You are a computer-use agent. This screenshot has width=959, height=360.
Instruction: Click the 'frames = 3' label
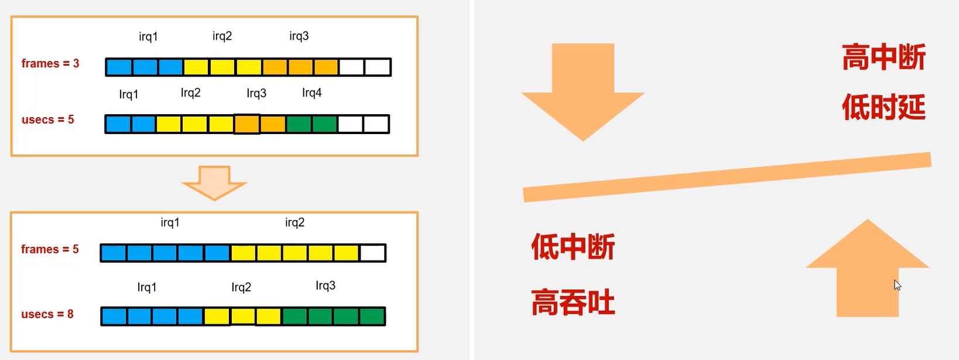point(50,63)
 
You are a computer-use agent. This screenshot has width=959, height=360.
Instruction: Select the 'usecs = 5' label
point(48,120)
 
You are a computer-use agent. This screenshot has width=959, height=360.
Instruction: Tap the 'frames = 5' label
point(50,249)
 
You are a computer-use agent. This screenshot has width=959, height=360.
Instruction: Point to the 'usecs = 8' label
point(47,314)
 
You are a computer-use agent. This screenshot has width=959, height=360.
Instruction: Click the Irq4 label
point(311,93)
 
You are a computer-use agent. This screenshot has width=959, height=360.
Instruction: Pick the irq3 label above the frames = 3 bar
point(299,36)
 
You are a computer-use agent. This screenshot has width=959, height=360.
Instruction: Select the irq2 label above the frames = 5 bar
point(294,222)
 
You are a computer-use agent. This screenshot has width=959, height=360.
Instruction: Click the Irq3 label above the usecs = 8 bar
point(326,286)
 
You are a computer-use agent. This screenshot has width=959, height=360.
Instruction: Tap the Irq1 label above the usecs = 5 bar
point(129,94)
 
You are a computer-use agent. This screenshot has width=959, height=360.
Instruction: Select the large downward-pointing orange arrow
point(583,88)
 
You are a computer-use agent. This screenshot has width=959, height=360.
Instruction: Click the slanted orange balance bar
point(727,177)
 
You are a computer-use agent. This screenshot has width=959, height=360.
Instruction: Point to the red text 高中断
point(883,57)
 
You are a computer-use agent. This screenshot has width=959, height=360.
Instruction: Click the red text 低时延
point(883,107)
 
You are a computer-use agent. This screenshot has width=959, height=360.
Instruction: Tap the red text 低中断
point(573,247)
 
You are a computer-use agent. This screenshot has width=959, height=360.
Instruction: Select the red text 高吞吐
point(573,303)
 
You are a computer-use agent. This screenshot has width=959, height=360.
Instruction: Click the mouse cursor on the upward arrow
point(897,285)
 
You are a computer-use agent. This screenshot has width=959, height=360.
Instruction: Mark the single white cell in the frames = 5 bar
point(372,253)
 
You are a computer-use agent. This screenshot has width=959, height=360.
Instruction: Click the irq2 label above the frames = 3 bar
point(222,36)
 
